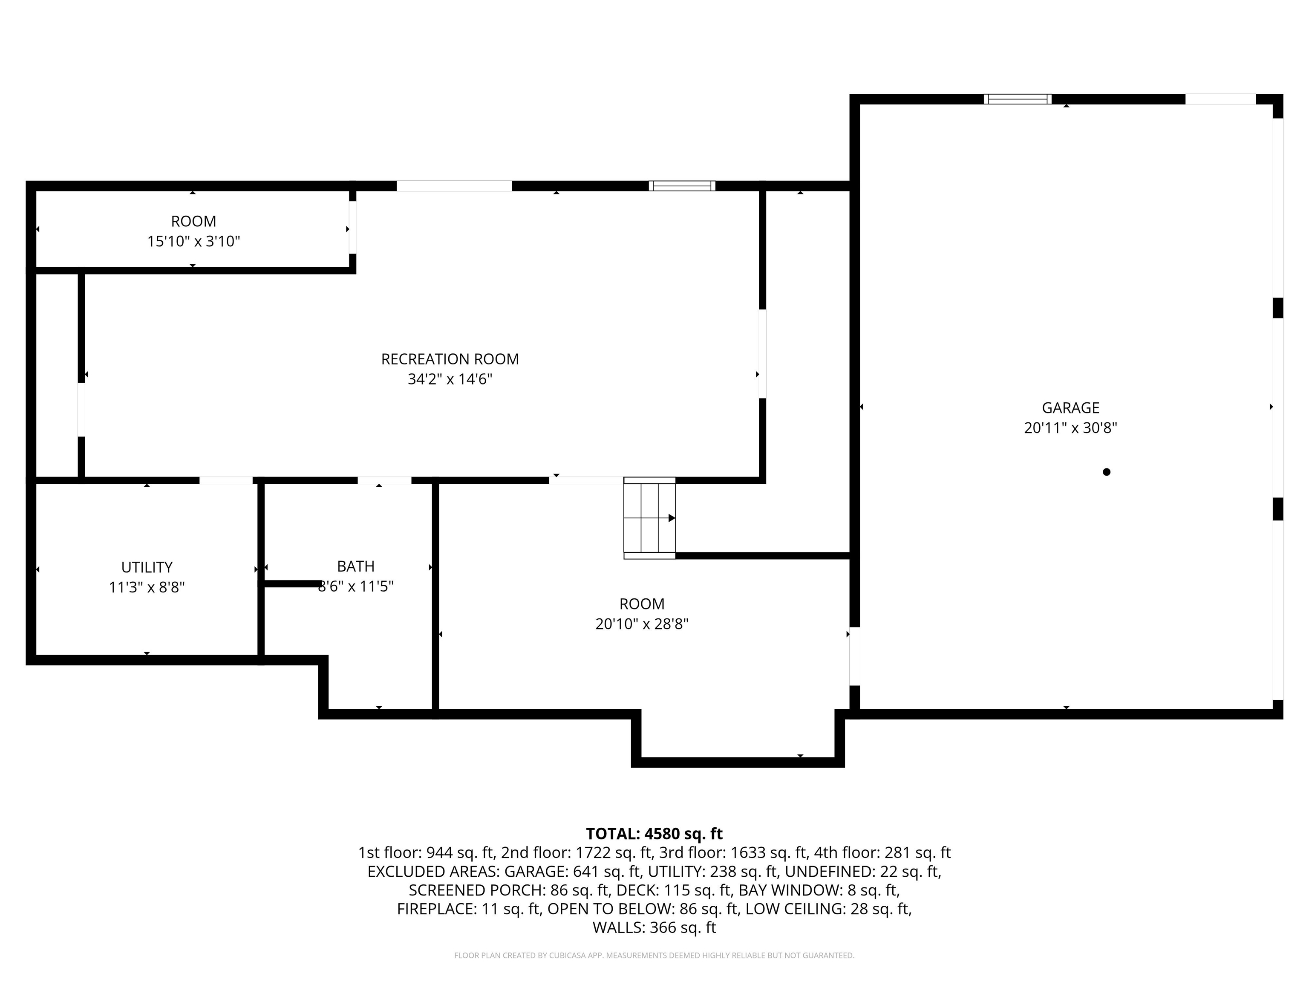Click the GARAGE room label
1070,408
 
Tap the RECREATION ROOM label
450,359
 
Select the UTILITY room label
147,567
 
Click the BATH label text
356,566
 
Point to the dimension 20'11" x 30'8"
1070,428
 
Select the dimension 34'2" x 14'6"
450,379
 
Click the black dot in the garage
1106,472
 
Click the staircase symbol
649,518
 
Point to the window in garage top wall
1017,99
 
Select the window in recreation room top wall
682,186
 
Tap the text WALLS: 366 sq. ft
654,927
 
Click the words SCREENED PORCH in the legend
477,890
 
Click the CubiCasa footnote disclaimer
654,956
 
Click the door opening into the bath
384,480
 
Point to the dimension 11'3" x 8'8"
147,587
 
